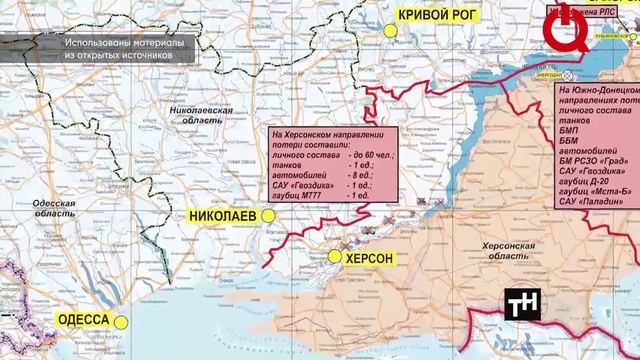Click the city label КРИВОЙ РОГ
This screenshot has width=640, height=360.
pos(438,14)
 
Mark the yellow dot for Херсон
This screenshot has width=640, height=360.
pos(335,257)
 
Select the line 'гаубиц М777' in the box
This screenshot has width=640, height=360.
pos(303,194)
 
